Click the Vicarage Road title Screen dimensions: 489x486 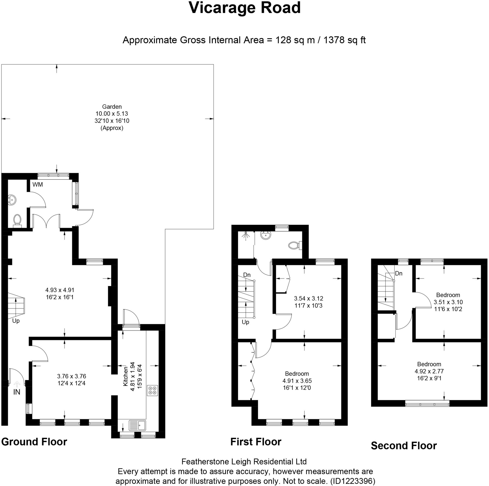point(244,8)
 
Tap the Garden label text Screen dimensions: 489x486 point(112,107)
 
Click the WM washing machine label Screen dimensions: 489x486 point(38,185)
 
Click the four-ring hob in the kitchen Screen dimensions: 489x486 point(152,390)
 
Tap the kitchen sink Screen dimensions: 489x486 point(138,426)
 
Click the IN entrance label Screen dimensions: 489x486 point(17,392)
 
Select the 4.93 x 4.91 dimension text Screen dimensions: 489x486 point(60,290)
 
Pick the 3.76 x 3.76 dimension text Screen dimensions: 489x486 point(72,376)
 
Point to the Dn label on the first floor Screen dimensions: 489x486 point(247,275)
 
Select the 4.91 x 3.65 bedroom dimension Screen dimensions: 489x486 point(297,381)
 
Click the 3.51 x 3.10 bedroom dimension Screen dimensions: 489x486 point(448,302)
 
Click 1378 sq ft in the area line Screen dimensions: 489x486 point(345,40)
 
